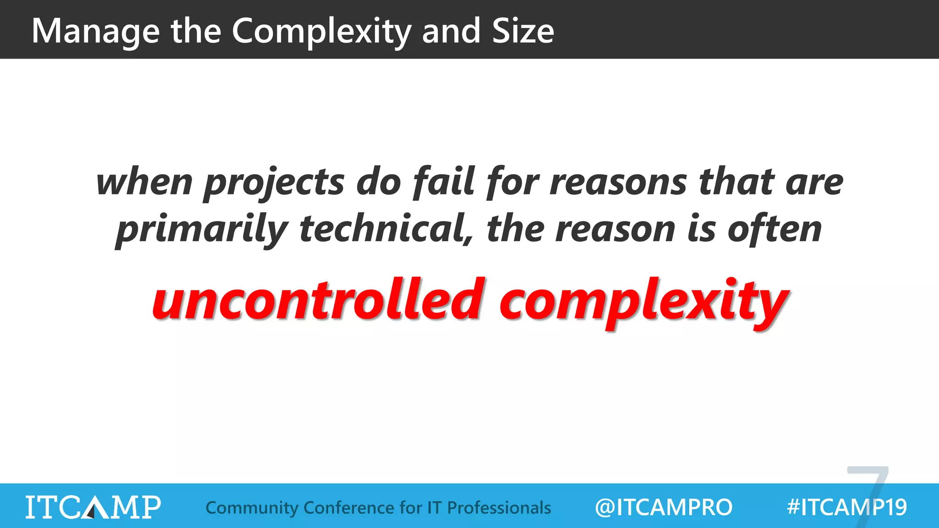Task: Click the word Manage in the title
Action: pyautogui.click(x=95, y=31)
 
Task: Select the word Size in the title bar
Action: pyautogui.click(x=523, y=31)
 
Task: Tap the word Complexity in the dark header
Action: pyautogui.click(x=321, y=31)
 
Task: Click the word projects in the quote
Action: pyautogui.click(x=274, y=182)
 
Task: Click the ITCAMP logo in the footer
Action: pyautogui.click(x=93, y=507)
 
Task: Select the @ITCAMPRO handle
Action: pyautogui.click(x=663, y=507)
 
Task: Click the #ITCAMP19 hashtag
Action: pyautogui.click(x=846, y=507)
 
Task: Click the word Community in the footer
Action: pyautogui.click(x=252, y=508)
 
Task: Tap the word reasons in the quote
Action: pyautogui.click(x=618, y=182)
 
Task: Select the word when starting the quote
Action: pyautogui.click(x=144, y=182)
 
